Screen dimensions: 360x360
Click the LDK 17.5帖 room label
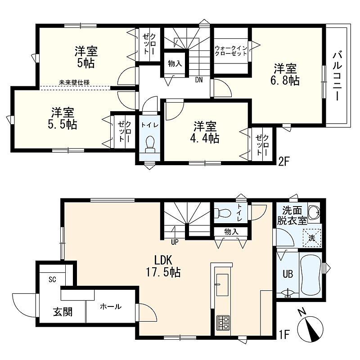pos(163,266)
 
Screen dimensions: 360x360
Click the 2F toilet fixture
pos(150,144)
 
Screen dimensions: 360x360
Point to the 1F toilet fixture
pos(222,213)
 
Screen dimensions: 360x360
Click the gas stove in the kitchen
pos(223,323)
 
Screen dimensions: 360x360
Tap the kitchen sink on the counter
pos(222,285)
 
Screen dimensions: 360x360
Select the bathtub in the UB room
pos(310,275)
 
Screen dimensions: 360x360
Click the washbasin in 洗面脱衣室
pos(313,211)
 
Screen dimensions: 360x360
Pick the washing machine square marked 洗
pos(311,238)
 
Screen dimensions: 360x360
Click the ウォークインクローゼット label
pos(231,51)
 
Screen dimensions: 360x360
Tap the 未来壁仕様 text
pos(74,82)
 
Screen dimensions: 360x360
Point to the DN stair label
pos(199,80)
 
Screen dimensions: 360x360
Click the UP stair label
pos(175,242)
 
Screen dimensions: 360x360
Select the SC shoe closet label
pos(52,279)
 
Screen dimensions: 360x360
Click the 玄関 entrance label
pos(63,312)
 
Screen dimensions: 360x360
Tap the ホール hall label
pos(111,306)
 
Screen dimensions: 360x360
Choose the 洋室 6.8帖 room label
pos(285,74)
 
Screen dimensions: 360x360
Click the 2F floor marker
pos(283,162)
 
